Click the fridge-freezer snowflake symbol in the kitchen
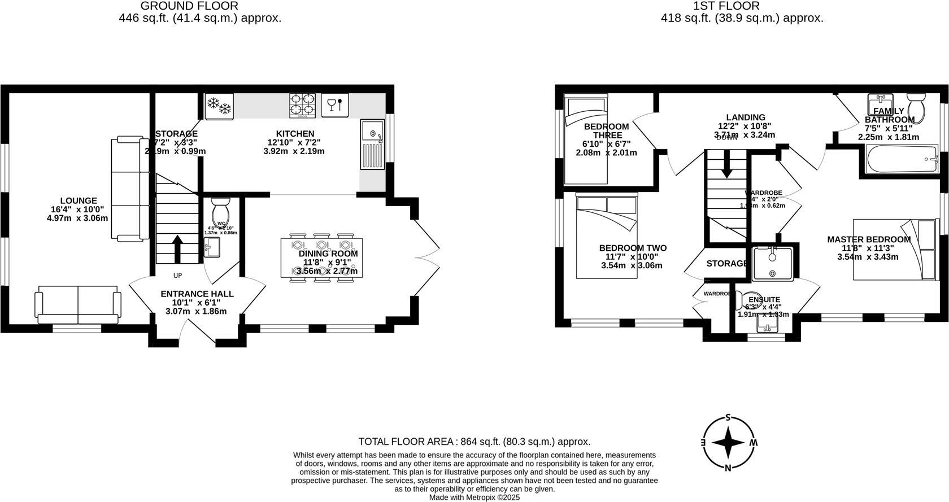click(x=219, y=106)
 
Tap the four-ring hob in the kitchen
click(x=302, y=106)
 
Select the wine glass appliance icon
click(x=334, y=105)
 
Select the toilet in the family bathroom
click(x=916, y=108)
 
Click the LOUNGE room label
click(x=79, y=200)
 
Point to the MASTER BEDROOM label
click(x=869, y=239)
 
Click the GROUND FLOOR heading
click(x=189, y=6)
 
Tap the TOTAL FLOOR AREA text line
click(x=474, y=442)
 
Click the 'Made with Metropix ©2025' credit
click(x=474, y=497)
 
